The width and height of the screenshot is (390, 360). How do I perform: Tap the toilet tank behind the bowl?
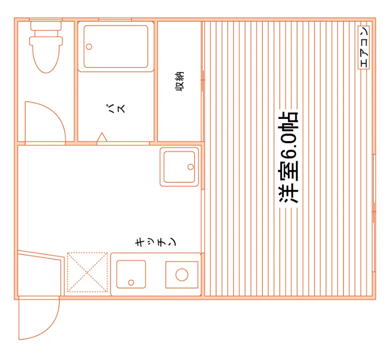tap(46, 26)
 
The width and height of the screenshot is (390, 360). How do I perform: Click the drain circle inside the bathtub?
tap(89, 46)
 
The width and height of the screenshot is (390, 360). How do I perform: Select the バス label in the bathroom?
tap(116, 108)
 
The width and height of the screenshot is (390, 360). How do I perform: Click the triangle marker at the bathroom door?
tap(102, 137)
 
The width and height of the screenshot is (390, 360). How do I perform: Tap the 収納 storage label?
tap(180, 81)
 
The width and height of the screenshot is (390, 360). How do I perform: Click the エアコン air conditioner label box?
tap(364, 47)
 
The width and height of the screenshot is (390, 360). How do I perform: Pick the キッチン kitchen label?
tap(155, 242)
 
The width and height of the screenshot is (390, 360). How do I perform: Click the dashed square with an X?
tap(87, 272)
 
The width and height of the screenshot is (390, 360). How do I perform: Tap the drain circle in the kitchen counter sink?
tap(131, 282)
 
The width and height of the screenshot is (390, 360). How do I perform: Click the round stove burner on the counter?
tap(182, 275)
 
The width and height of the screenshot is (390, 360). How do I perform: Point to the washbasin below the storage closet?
tap(179, 167)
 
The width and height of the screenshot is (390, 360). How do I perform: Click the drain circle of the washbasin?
tap(190, 167)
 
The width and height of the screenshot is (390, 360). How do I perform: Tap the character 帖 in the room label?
tap(288, 120)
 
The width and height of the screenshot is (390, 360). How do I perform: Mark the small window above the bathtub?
tap(115, 20)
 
